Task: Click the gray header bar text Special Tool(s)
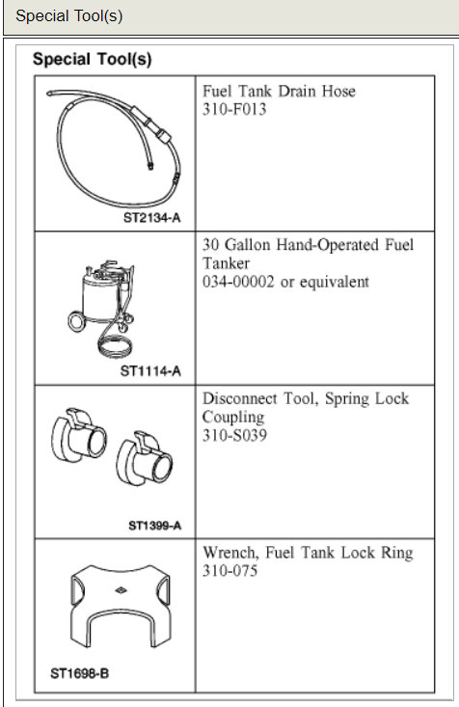pos(69,16)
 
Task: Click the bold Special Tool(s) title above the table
pos(92,59)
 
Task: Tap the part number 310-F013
pos(234,109)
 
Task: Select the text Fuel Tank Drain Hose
pos(279,91)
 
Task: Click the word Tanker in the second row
pos(228,263)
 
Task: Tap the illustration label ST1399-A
pos(153,526)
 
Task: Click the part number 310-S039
pos(234,435)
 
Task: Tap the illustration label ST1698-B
pos(80,673)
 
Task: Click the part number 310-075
pos(230,571)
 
